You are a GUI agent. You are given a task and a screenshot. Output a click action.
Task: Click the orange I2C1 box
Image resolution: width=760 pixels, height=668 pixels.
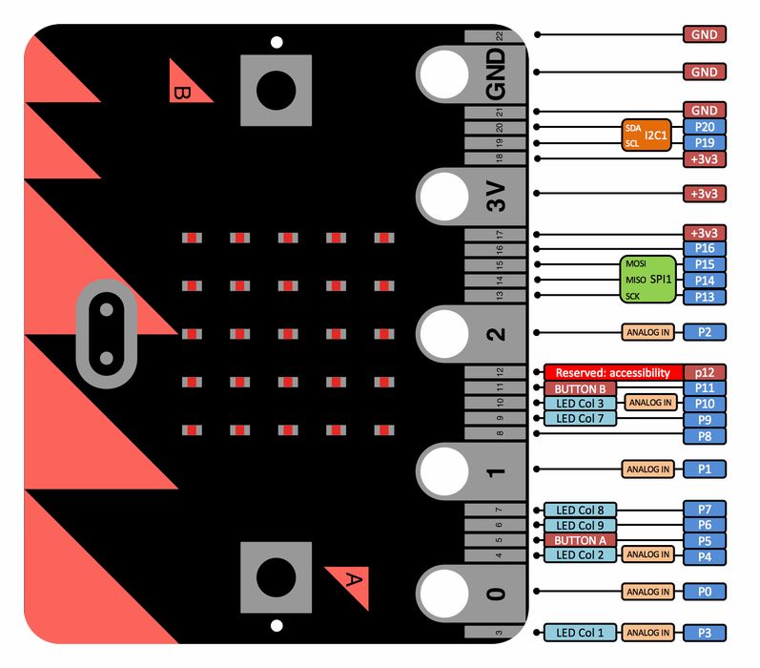(x=647, y=135)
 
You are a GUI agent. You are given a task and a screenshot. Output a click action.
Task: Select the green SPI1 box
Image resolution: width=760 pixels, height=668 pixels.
(x=648, y=280)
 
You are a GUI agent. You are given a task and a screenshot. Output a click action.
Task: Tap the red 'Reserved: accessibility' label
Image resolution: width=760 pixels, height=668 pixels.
(x=613, y=372)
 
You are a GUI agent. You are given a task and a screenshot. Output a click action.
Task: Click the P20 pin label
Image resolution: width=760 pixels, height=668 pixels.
(x=705, y=127)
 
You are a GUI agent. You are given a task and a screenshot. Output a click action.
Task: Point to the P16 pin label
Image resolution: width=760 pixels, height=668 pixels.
(x=705, y=248)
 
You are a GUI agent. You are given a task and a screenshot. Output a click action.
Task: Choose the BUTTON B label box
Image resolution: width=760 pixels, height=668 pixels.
(x=580, y=388)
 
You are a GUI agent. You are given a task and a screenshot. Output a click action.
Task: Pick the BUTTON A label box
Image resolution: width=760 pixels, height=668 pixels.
(x=580, y=540)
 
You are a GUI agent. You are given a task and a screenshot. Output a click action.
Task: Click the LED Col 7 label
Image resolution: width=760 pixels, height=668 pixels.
(x=580, y=418)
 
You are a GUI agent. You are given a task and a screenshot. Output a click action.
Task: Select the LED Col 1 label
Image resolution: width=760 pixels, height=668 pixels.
(x=580, y=633)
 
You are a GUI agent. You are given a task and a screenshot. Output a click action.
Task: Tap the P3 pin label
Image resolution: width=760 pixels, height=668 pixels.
(x=705, y=633)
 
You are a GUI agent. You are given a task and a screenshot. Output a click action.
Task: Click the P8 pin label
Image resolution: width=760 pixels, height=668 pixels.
(x=705, y=435)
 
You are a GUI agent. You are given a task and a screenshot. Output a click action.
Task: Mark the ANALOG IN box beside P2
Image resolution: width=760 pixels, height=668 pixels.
(x=647, y=332)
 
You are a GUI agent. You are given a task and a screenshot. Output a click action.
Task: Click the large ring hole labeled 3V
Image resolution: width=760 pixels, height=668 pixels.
(x=444, y=197)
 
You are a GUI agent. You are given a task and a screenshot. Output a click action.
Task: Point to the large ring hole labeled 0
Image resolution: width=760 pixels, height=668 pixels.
(x=444, y=593)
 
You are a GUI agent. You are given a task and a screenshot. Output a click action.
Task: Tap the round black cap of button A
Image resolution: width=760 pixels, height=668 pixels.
(x=276, y=577)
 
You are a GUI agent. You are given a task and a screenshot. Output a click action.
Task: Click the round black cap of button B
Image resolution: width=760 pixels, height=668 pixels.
(x=276, y=91)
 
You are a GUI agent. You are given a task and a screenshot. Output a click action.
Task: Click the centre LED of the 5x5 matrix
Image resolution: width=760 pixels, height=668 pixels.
(x=288, y=334)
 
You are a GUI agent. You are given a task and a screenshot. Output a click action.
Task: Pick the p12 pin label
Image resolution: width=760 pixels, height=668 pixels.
(x=705, y=372)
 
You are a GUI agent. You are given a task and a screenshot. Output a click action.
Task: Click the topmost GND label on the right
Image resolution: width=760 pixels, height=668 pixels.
(x=705, y=34)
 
